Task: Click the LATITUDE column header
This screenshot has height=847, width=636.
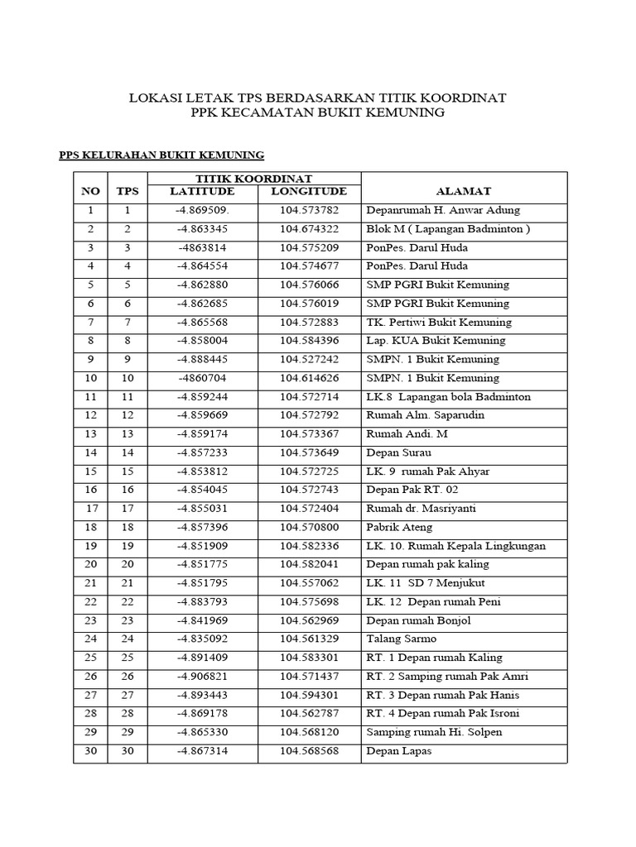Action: click(x=202, y=191)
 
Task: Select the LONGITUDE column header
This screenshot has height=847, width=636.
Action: click(x=308, y=191)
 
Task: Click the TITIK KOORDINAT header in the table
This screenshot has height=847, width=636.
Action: click(x=253, y=178)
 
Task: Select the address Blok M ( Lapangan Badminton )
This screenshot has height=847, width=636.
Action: click(x=447, y=229)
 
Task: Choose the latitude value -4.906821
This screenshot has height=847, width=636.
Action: click(x=203, y=677)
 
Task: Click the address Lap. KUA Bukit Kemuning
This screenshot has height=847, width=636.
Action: click(x=436, y=341)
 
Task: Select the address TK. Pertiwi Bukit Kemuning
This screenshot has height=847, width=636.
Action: click(x=439, y=322)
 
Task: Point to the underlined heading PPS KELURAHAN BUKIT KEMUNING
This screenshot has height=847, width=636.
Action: click(x=162, y=155)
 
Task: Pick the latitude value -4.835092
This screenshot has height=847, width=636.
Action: click(x=203, y=639)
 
